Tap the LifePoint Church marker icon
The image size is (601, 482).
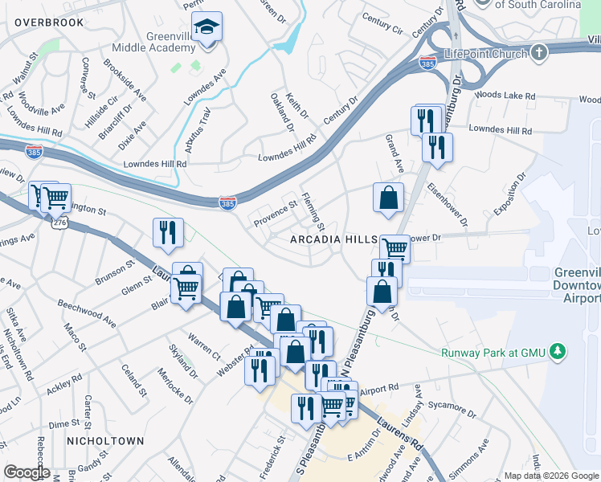pos(538,53)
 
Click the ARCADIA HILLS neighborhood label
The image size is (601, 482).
pos(333,240)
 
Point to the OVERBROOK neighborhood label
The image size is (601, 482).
pos(48,22)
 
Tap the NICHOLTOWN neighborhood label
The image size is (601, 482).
pos(105,441)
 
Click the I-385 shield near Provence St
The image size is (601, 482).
pos(228,204)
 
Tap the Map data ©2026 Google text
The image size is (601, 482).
pos(550,475)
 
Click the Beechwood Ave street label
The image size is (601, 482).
pos(87,313)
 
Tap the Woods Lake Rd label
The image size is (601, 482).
pos(505,95)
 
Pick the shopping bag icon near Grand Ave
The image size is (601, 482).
pos(388,198)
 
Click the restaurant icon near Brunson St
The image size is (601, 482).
pos(168,232)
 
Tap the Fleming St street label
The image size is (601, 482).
pos(313,208)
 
